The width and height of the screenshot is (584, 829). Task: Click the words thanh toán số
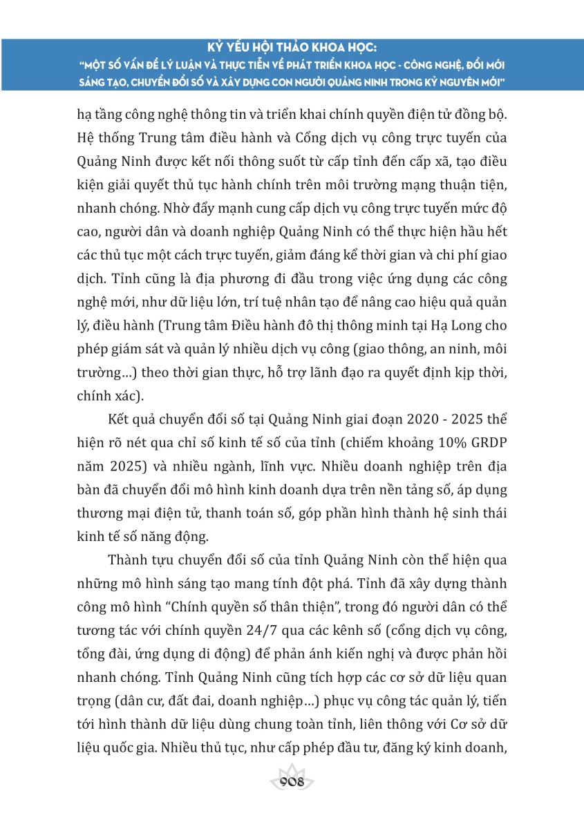coord(242,513)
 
